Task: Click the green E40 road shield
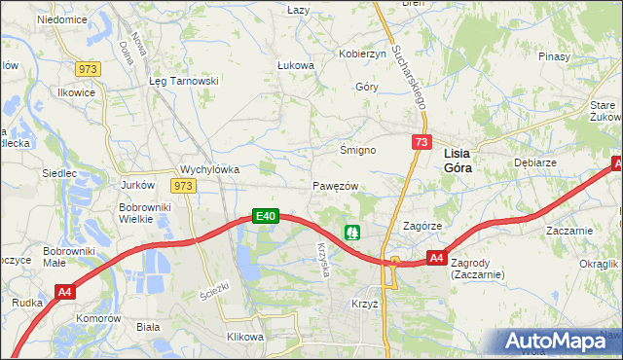(267, 216)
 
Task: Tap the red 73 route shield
(421, 142)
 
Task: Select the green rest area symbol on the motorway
(352, 233)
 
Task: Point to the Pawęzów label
(337, 186)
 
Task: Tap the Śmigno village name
(356, 150)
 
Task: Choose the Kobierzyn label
(362, 54)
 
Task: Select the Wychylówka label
(210, 168)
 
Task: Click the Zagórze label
(423, 225)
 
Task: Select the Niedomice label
(61, 19)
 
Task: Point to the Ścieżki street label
(213, 290)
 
